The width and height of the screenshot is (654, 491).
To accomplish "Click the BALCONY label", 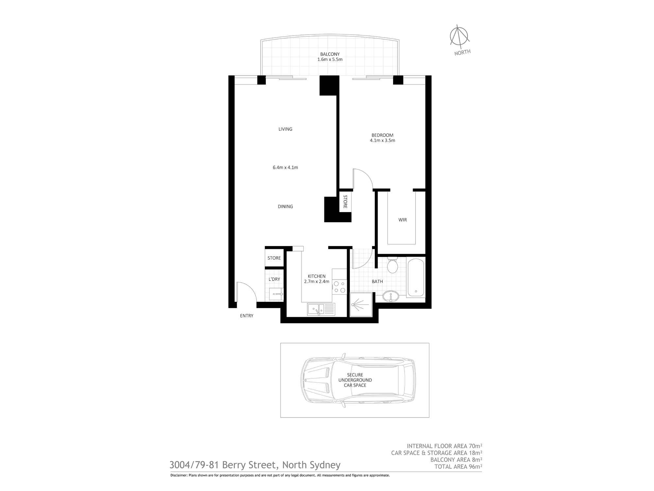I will point(330,54).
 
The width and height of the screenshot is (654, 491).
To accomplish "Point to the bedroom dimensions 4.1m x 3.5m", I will point(382,140).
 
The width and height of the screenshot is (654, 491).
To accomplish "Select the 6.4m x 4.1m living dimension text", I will point(285,167).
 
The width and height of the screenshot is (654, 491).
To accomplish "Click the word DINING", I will point(285,207).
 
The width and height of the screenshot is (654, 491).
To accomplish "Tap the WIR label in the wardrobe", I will point(403,220).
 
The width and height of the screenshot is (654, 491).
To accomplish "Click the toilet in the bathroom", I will point(392,265).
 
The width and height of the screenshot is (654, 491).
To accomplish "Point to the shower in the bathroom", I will point(361,305).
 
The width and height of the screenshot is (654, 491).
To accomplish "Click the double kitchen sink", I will point(321,309).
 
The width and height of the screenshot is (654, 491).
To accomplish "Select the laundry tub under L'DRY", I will point(277,294).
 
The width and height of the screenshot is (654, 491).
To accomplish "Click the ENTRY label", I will point(247,316).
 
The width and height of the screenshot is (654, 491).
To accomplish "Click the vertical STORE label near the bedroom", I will point(345,202).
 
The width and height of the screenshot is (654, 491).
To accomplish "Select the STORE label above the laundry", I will point(274,258).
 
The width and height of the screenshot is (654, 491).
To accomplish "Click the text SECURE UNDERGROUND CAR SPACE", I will point(355,380).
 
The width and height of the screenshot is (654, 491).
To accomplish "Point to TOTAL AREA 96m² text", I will point(458,467).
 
